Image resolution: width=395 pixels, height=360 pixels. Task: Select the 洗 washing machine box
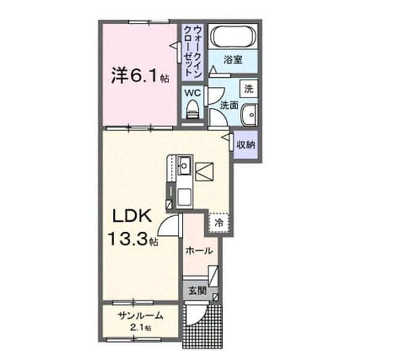[249, 88]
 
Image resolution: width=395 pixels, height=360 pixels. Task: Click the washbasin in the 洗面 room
[249, 114]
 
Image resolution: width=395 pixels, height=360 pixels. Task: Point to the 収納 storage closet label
[246, 144]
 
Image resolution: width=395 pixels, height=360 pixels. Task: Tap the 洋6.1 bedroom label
[140, 75]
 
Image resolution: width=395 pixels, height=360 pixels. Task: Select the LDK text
[132, 216]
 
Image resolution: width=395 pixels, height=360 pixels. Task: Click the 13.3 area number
[128, 238]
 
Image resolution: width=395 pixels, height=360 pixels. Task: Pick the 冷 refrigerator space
[219, 222]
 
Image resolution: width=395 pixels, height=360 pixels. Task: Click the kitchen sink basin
[185, 165]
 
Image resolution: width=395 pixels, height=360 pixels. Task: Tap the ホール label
[199, 251]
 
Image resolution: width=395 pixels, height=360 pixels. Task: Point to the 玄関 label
[197, 291]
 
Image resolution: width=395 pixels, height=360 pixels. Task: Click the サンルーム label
[140, 316]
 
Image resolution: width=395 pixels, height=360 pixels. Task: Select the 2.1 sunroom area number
[137, 327]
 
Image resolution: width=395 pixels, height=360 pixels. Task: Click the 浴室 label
[233, 60]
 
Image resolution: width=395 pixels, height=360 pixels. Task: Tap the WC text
[193, 93]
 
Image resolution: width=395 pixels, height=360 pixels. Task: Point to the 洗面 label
[229, 105]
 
